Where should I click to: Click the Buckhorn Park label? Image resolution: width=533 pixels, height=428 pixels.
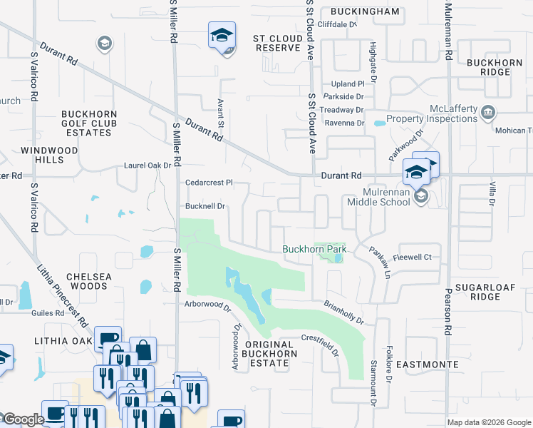point(314,249)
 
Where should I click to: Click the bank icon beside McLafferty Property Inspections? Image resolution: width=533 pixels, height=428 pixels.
point(488,112)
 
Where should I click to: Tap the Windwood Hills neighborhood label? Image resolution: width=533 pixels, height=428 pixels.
point(42,155)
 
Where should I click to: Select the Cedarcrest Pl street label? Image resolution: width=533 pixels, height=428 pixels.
point(209,183)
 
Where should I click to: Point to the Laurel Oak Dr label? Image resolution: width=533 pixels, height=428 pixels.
point(148,165)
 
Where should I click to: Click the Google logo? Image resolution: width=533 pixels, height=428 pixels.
point(24,419)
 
